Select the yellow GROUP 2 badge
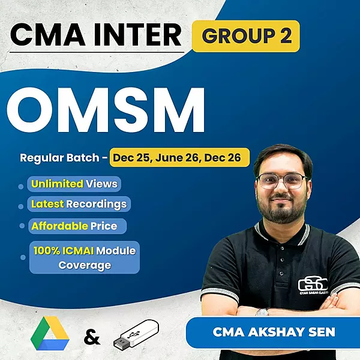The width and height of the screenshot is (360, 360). (247, 36)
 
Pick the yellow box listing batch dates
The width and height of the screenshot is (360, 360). (179, 158)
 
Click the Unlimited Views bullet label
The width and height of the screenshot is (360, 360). (74, 184)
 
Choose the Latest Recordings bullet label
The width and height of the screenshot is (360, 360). (79, 204)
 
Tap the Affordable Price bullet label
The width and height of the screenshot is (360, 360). (77, 226)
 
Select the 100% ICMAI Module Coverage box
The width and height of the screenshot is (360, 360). (85, 257)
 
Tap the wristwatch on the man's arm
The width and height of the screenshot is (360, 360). (262, 311)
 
